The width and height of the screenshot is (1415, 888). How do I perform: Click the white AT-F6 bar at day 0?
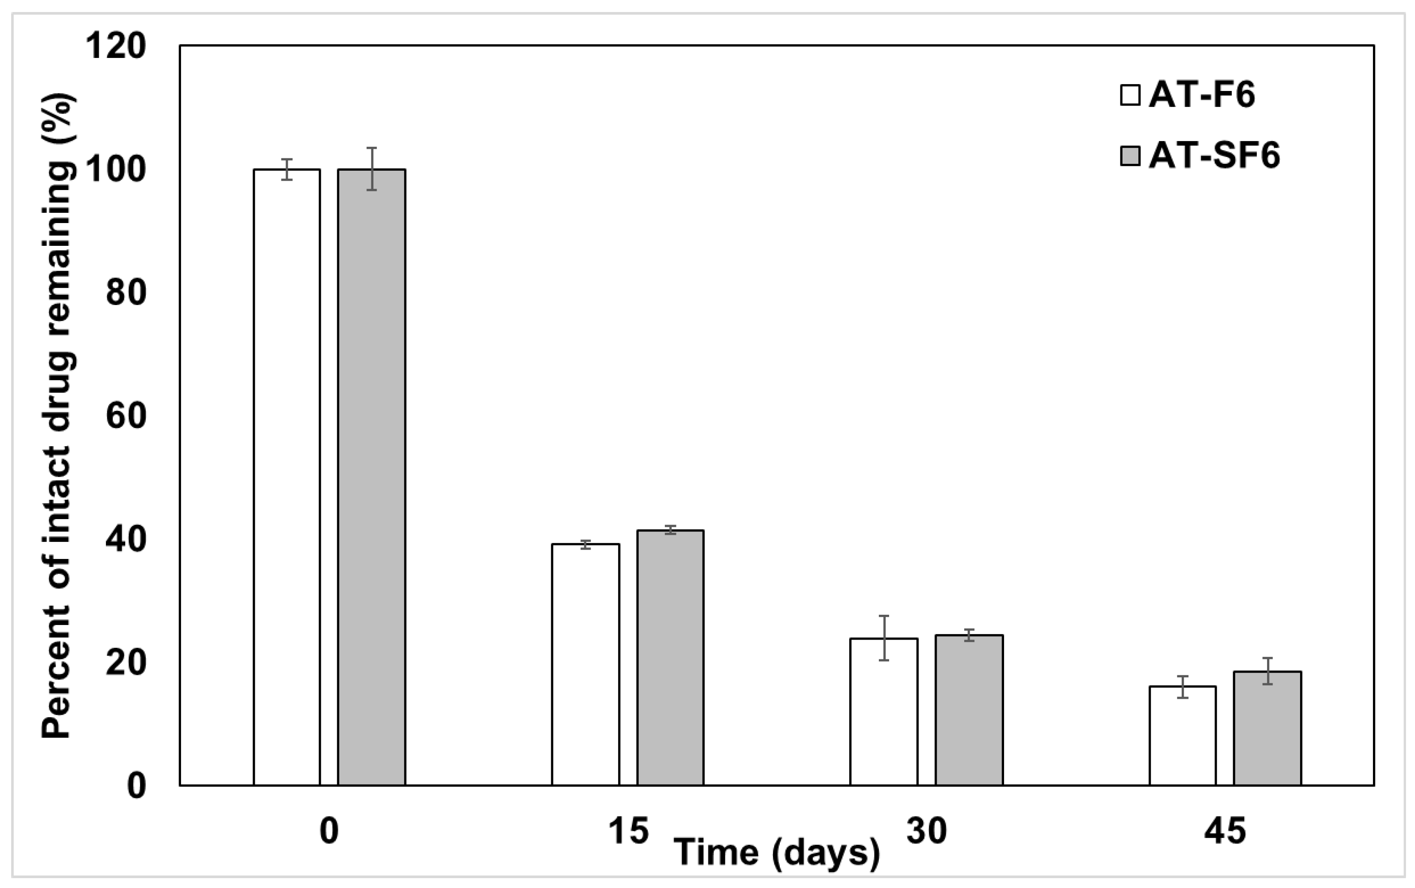pos(287,477)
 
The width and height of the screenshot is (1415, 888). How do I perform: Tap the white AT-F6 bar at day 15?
pos(585,664)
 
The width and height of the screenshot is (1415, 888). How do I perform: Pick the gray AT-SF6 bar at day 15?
pos(670,657)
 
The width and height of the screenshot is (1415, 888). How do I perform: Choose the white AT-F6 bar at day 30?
pos(884,711)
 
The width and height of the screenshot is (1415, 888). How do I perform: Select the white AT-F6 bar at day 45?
pos(1183,735)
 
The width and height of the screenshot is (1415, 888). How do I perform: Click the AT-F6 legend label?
pos(1201,95)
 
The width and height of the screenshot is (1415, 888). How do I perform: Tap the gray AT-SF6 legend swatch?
pos(1130,156)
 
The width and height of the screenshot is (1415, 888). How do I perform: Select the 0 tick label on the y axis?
pos(136,785)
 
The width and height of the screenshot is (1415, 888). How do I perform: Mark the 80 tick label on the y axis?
pos(126,293)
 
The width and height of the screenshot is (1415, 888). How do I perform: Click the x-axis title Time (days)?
pos(776,852)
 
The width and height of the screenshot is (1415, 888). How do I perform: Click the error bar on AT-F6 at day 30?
pos(884,638)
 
